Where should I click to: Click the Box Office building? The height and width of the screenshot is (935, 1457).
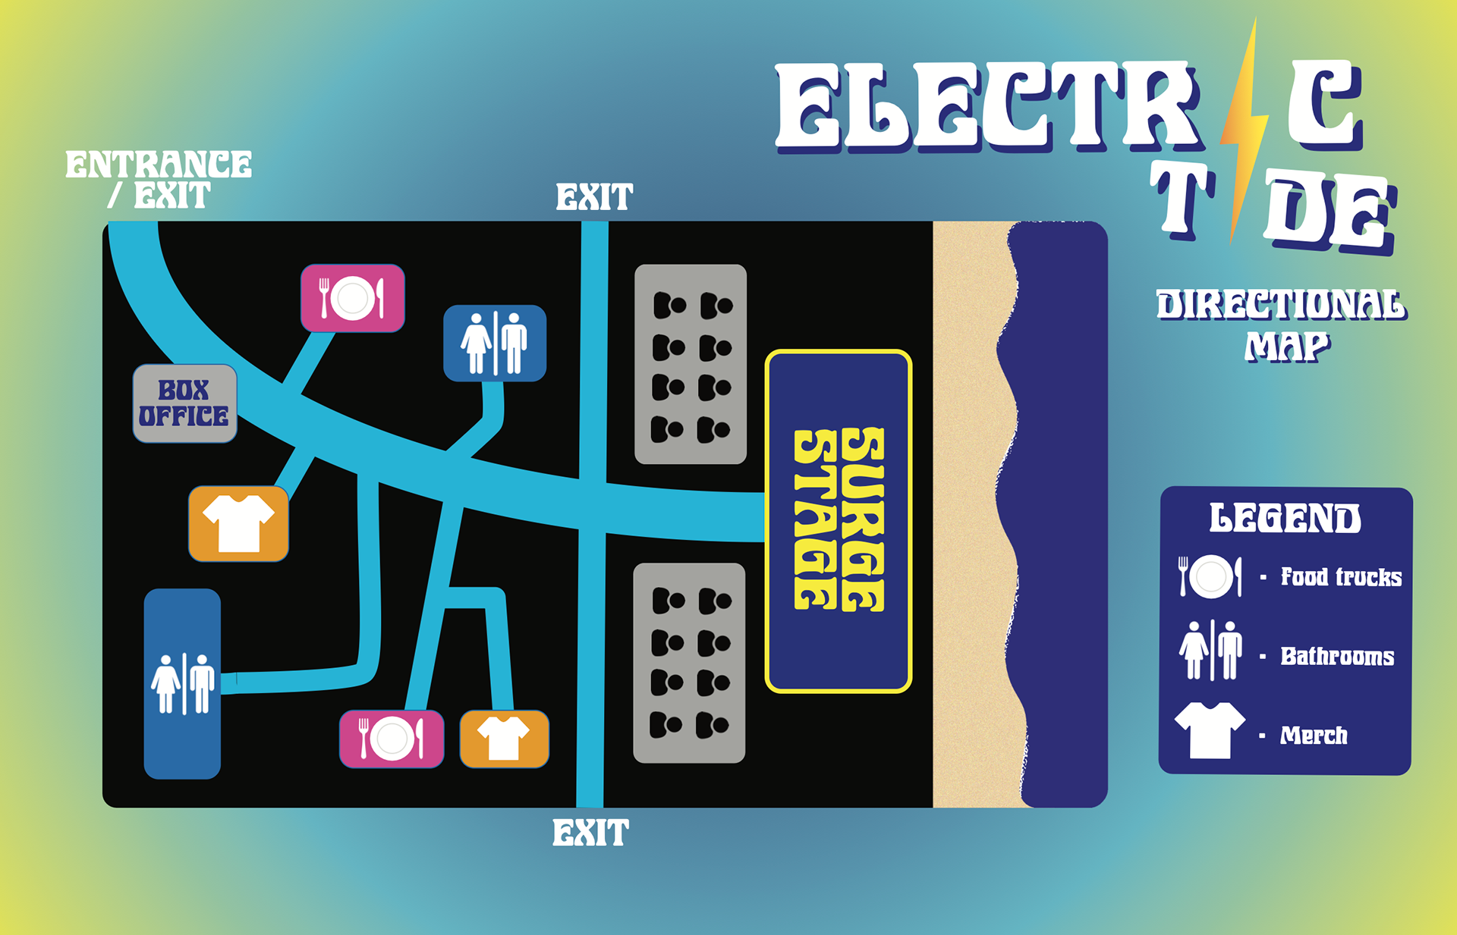click(x=184, y=403)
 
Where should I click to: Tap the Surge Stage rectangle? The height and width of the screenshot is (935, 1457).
click(x=839, y=521)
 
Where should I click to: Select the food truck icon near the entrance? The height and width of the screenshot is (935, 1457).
click(x=352, y=298)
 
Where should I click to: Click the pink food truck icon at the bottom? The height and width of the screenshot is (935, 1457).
click(x=391, y=739)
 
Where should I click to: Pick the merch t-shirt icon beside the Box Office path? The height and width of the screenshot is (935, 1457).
click(x=238, y=523)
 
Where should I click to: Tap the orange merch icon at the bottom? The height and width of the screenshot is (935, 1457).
click(x=504, y=739)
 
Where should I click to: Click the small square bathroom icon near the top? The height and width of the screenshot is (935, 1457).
click(x=495, y=343)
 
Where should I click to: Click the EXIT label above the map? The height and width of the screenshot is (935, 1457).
click(x=594, y=198)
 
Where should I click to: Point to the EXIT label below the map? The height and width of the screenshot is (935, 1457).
click(x=590, y=833)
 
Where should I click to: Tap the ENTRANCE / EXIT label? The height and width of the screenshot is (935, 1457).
click(x=159, y=180)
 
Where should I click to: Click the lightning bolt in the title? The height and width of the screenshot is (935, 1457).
click(x=1244, y=129)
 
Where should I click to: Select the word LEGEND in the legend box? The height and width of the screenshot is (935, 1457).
click(x=1285, y=519)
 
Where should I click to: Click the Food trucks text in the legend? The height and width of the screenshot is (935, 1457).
click(x=1341, y=577)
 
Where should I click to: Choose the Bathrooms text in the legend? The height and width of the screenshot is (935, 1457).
click(x=1337, y=656)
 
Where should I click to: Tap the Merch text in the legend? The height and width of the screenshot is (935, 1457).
click(x=1314, y=735)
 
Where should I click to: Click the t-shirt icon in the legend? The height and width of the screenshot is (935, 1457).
click(x=1210, y=729)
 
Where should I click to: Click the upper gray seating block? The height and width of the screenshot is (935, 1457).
click(x=691, y=364)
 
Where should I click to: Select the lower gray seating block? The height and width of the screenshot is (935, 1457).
click(x=689, y=663)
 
